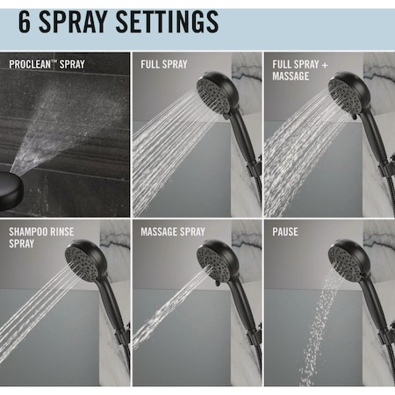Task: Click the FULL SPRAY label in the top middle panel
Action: [x=163, y=64]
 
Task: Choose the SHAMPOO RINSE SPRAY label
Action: [x=39, y=237]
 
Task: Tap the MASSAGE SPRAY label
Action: [x=173, y=232]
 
